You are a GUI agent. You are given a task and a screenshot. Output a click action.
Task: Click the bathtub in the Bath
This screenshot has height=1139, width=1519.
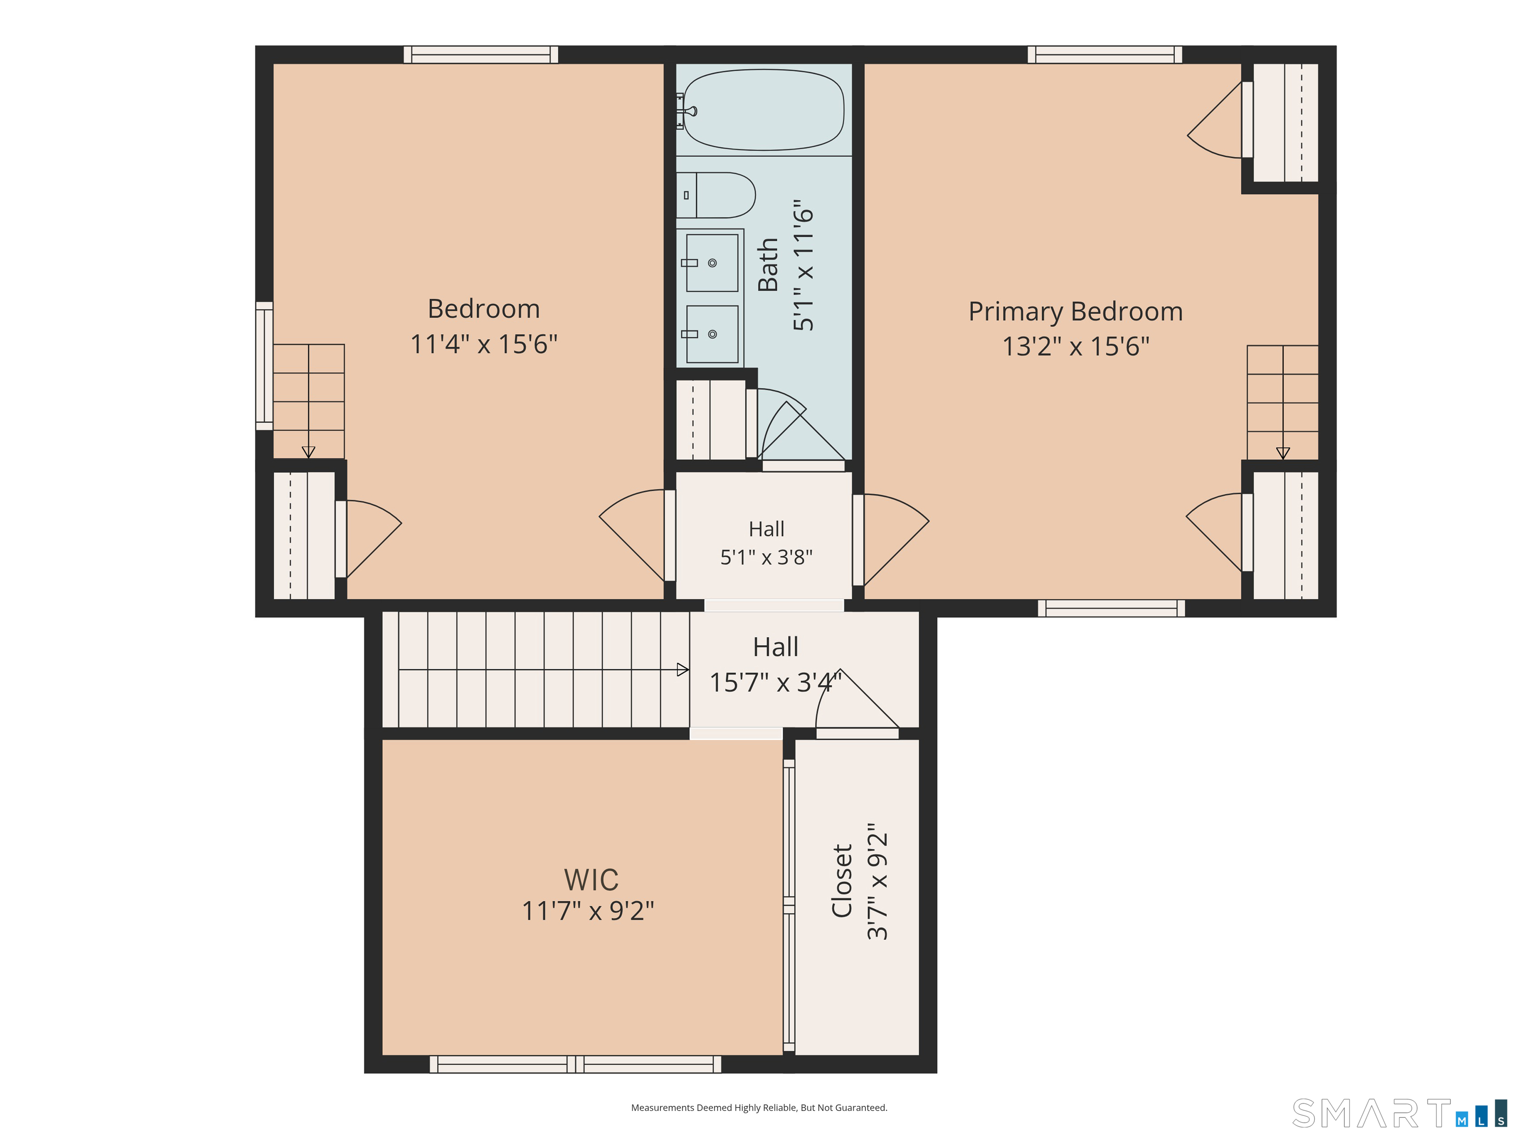763,110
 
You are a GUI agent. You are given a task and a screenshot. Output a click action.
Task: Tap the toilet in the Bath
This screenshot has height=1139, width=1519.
715,195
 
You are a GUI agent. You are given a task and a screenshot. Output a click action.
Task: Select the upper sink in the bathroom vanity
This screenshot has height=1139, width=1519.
712,263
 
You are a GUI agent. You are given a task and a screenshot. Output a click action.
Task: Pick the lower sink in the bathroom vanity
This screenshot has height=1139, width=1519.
712,334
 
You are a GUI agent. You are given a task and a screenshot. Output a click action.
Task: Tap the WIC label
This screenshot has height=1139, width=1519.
590,879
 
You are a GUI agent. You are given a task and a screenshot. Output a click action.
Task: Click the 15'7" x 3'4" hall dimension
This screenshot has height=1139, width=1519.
775,682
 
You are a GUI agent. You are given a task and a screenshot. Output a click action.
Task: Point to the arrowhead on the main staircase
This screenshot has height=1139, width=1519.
682,669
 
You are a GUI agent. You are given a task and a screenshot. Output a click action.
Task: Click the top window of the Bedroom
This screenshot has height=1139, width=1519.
481,55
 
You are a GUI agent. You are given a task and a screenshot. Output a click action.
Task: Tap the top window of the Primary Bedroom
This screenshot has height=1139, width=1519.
1104,55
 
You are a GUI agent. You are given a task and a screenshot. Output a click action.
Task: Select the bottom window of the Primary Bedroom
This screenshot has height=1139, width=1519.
1111,608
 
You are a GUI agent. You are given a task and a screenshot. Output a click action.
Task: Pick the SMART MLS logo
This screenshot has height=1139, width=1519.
1399,1113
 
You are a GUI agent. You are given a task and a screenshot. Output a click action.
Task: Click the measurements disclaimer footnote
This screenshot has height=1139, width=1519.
759,1107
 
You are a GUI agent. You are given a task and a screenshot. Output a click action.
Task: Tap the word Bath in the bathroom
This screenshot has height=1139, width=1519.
768,264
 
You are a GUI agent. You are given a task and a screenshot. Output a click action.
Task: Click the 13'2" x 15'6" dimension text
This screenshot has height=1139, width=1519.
1075,347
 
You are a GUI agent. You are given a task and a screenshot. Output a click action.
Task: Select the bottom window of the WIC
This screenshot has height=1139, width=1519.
576,1064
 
